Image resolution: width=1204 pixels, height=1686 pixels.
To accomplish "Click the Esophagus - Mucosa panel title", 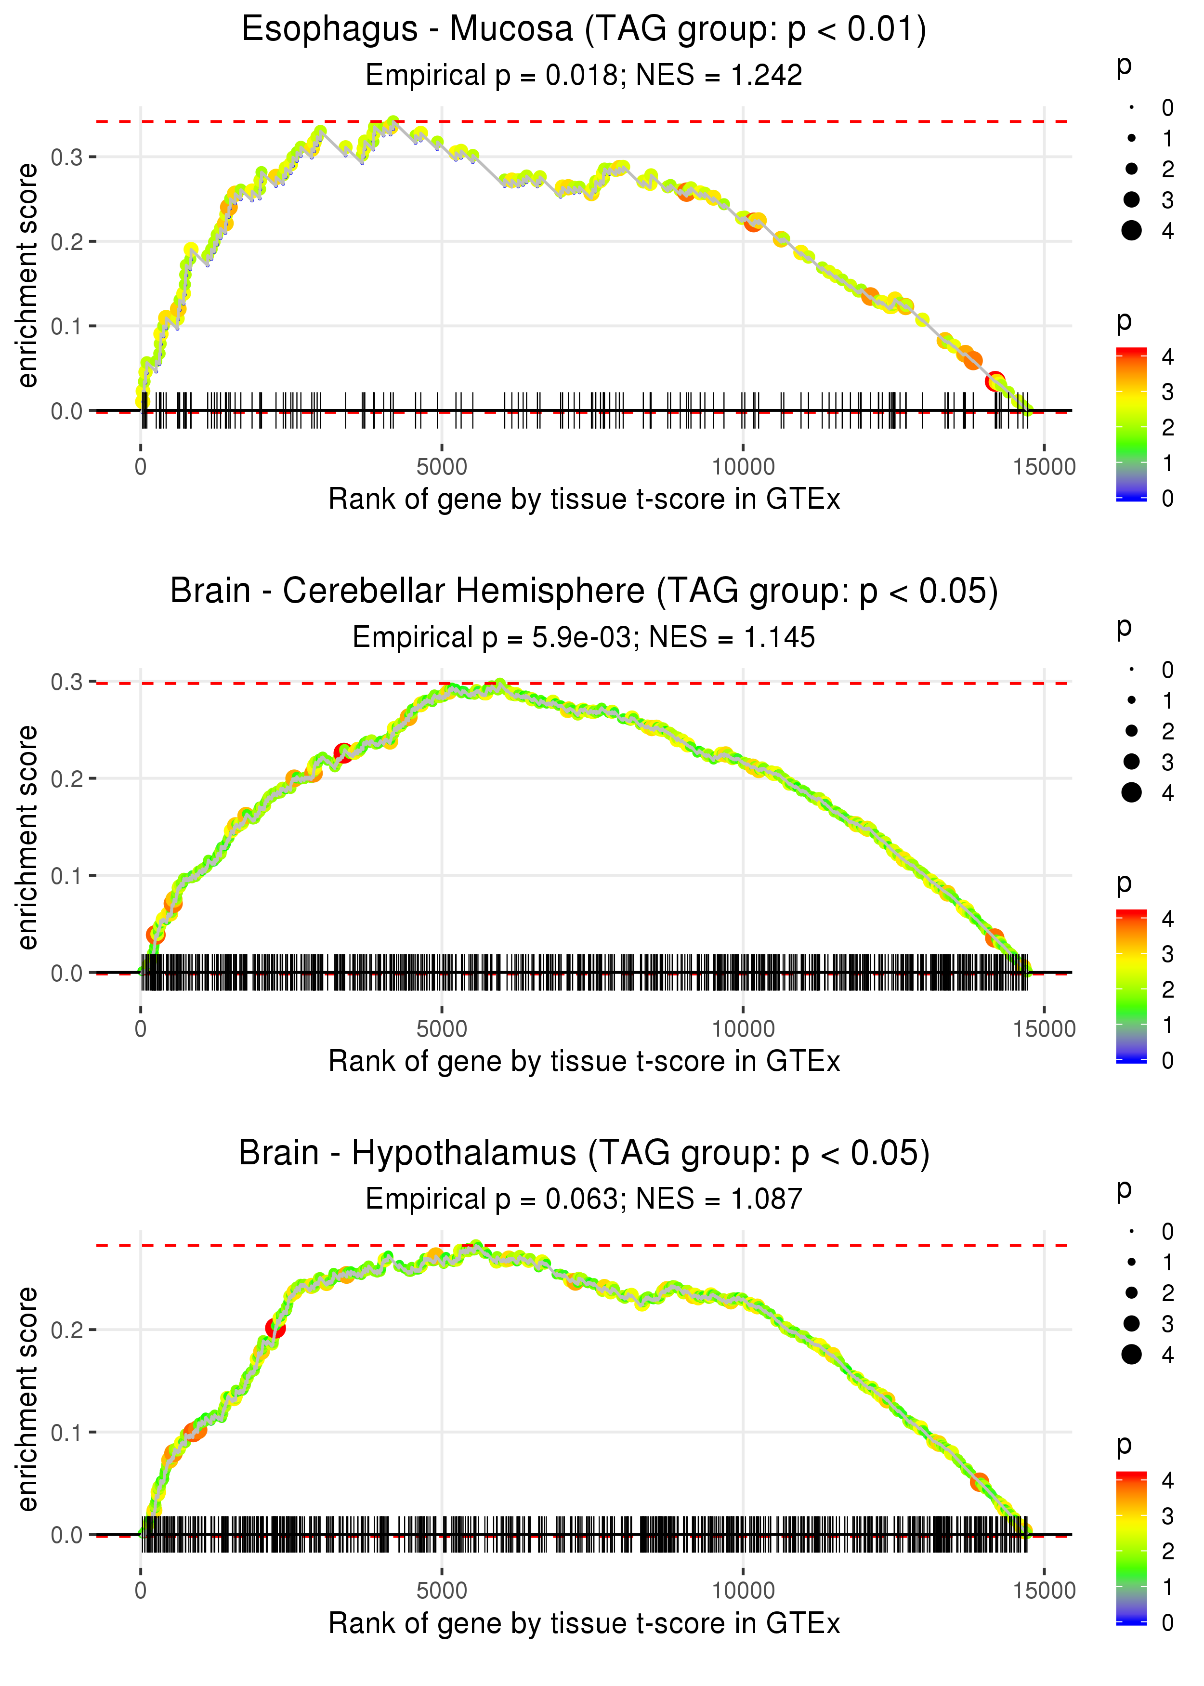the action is (584, 30).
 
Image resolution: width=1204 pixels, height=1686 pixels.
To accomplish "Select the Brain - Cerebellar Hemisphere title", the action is (584, 592).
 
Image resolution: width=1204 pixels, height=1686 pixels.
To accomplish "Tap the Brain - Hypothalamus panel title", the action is (584, 1154).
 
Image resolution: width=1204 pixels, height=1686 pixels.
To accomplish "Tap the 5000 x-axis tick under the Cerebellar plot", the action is (442, 1029).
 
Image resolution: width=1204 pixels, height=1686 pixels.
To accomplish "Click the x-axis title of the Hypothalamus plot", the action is (584, 1624).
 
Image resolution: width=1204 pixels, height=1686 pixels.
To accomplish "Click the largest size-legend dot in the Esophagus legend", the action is (1131, 231).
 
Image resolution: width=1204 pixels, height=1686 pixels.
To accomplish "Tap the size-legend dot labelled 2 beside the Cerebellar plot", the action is (1131, 731).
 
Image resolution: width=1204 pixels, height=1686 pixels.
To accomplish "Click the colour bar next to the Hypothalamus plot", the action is (1131, 1547).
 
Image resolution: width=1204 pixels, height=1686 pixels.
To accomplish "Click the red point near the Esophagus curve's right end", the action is (995, 381).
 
